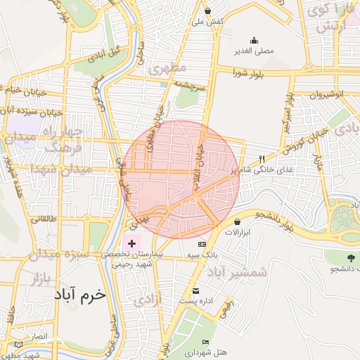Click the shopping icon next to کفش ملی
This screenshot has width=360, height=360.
click(208, 11)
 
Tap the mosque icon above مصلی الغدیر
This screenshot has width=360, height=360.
click(254, 40)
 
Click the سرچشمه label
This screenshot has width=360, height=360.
click(189, 85)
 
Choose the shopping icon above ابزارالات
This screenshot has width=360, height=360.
click(237, 221)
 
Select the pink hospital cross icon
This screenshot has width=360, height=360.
click(132, 242)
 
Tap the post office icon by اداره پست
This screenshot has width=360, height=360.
click(195, 290)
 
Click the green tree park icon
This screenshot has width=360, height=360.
click(350, 257)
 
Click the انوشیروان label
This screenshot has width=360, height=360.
click(328, 94)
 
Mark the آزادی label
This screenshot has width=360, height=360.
click(147, 300)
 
